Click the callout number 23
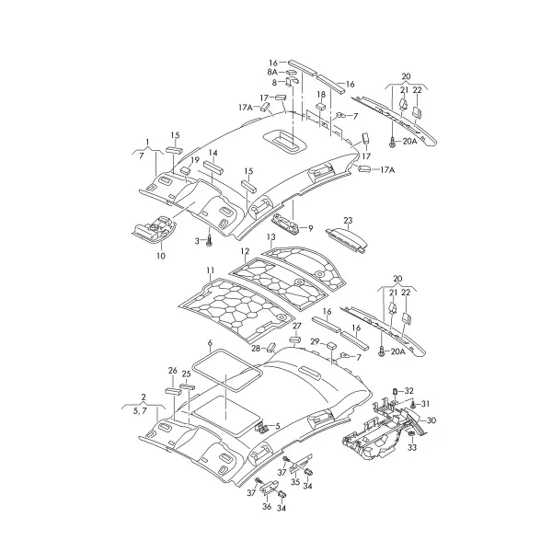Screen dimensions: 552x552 click(348, 221)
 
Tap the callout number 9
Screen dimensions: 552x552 click(310, 228)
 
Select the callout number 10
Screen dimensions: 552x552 click(160, 256)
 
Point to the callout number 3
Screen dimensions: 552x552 click(197, 241)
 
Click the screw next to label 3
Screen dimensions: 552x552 click(209, 241)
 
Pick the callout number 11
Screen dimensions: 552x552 click(211, 270)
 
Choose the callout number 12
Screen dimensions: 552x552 click(245, 251)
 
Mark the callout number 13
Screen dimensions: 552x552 click(270, 237)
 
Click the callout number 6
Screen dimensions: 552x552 click(210, 342)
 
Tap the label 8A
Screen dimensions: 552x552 click(272, 72)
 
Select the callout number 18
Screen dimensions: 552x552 click(321, 95)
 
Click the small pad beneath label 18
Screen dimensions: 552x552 click(321, 106)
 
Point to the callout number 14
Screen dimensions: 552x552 click(213, 153)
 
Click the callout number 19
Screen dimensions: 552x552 click(195, 160)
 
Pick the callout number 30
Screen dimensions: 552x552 click(431, 420)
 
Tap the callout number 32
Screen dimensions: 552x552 click(408, 391)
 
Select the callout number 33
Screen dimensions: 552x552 click(412, 447)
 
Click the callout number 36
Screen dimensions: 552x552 click(267, 507)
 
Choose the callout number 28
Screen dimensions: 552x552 click(256, 348)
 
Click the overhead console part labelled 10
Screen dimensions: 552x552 click(153, 229)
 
